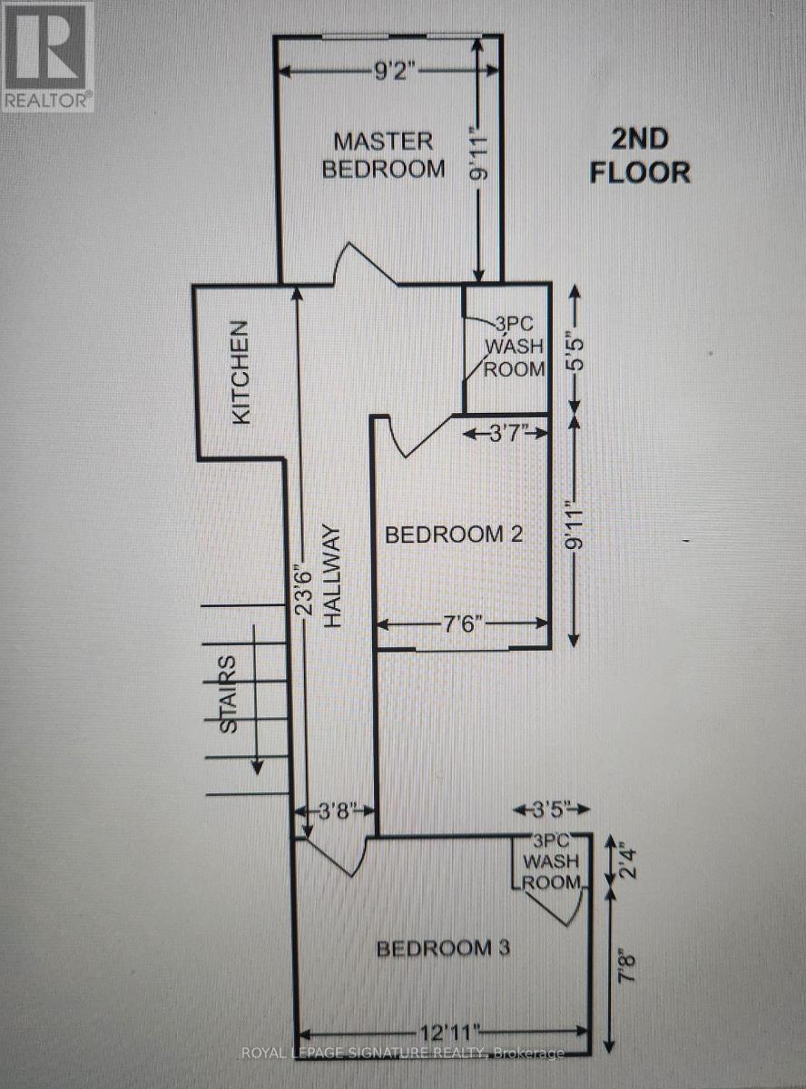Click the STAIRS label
[x=230, y=694]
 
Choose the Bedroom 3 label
[x=443, y=948]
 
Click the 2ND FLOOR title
[x=640, y=155]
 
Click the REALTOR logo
[x=47, y=56]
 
